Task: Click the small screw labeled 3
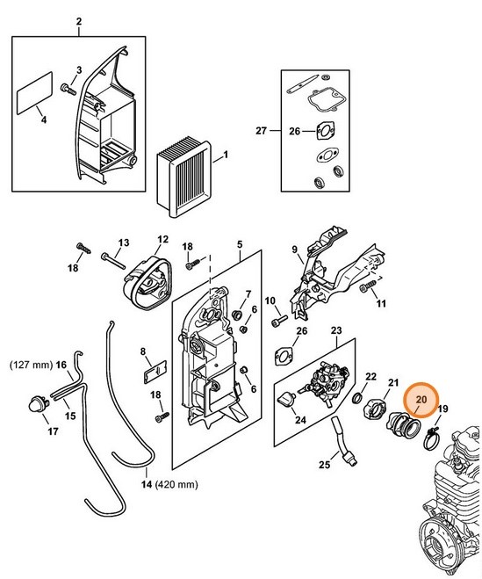pyautogui.click(x=68, y=87)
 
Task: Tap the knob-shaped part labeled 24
pyautogui.click(x=286, y=400)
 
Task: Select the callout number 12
pyautogui.click(x=162, y=238)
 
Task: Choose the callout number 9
pyautogui.click(x=294, y=250)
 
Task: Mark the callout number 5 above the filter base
pyautogui.click(x=240, y=243)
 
